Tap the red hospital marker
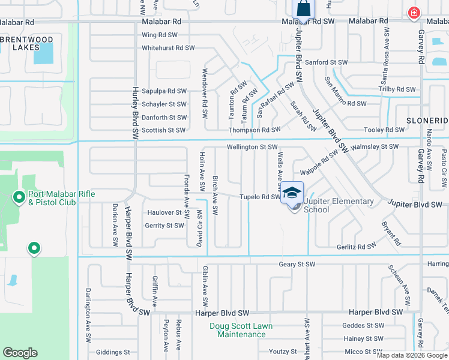tap(414, 13)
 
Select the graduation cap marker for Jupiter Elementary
tap(292, 193)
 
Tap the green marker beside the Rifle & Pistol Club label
tap(19, 196)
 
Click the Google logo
tap(20, 353)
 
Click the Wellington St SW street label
tap(252, 147)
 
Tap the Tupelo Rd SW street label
tap(260, 197)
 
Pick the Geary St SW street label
tap(297, 265)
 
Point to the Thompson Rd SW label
tap(255, 130)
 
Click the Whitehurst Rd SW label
tap(169, 47)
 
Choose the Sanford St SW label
tap(327, 62)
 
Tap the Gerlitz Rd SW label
tap(356, 246)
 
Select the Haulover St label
tap(164, 213)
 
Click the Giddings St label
tap(113, 352)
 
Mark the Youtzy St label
tap(283, 352)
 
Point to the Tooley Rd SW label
tap(385, 130)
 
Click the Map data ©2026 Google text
tap(412, 355)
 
